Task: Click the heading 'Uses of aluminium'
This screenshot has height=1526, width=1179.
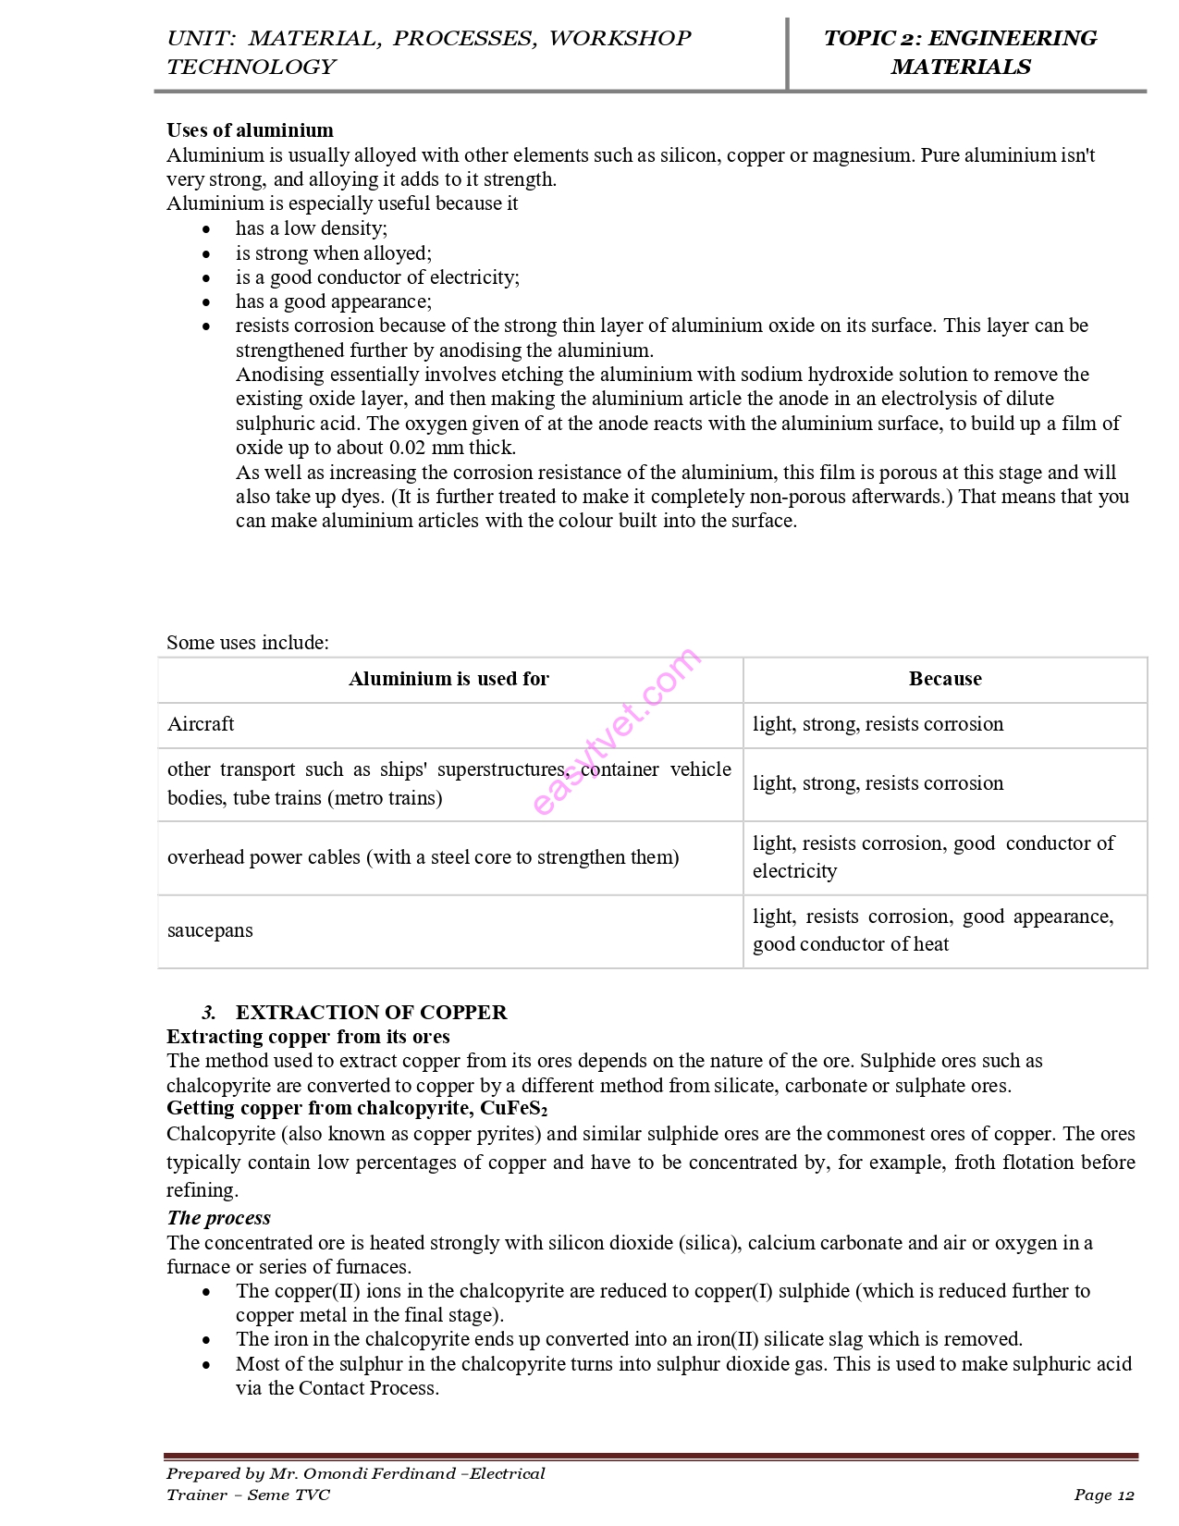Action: [250, 130]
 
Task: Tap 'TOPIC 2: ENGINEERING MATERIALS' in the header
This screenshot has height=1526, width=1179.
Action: [960, 52]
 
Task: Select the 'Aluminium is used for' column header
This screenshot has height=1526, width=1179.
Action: [448, 679]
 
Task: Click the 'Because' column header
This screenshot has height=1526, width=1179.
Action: [945, 679]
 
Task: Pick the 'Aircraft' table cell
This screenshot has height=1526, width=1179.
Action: [201, 724]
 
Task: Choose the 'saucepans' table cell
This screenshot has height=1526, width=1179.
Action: [210, 930]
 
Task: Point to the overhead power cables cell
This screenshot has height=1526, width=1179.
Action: [423, 857]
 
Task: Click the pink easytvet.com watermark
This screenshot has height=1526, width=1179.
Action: [617, 731]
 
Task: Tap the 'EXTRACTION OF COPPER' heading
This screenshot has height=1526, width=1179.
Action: [371, 1012]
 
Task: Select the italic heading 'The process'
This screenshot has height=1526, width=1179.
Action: [218, 1218]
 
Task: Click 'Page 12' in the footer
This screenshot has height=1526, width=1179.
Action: [1103, 1495]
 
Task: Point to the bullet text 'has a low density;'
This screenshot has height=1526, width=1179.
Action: [311, 228]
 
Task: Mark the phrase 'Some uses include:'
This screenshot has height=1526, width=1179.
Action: [248, 643]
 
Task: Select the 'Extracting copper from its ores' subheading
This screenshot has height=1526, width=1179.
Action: [308, 1037]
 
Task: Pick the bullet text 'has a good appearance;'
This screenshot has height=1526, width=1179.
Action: [333, 302]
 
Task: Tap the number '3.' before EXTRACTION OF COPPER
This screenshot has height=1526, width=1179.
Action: [209, 1013]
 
